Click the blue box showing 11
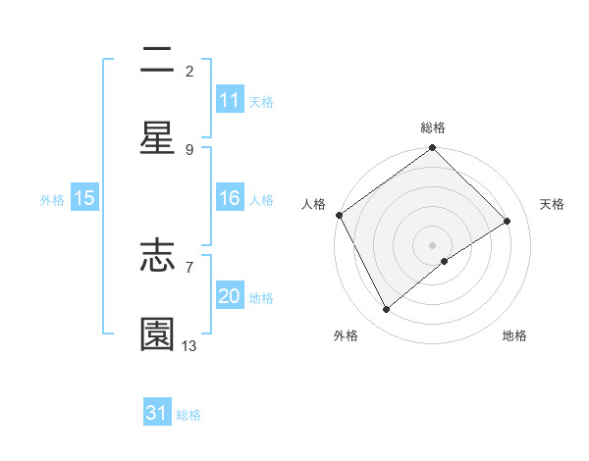pyautogui.click(x=229, y=100)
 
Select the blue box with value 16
pyautogui.click(x=229, y=198)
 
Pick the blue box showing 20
pyautogui.click(x=229, y=296)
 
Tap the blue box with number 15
pyautogui.click(x=84, y=198)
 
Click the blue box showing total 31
pyautogui.click(x=157, y=414)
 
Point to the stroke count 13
pyautogui.click(x=189, y=345)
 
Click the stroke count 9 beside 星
pyautogui.click(x=189, y=149)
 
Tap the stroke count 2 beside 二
pyautogui.click(x=189, y=71)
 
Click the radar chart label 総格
pyautogui.click(x=433, y=128)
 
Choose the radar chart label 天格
pyautogui.click(x=552, y=204)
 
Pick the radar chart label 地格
pyautogui.click(x=514, y=335)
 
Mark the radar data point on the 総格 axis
pyautogui.click(x=433, y=149)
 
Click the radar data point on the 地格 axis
pyautogui.click(x=445, y=261)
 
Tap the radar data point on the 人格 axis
pyautogui.click(x=339, y=215)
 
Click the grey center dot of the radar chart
pyautogui.click(x=433, y=244)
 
